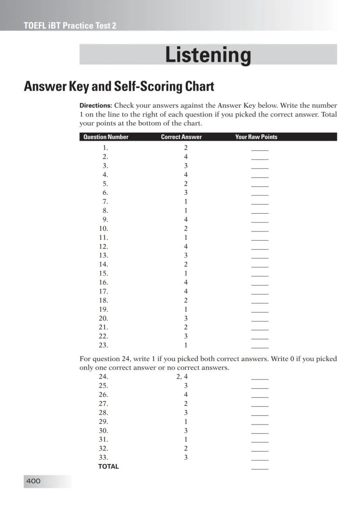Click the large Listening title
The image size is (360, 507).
pos(208,55)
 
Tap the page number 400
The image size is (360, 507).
pos(33,481)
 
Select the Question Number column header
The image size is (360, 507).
pos(106,137)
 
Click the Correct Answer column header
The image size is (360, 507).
pos(181,137)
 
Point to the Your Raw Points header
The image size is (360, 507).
pos(256,137)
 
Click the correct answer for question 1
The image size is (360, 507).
pos(186,148)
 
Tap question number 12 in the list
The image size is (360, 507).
pos(103,246)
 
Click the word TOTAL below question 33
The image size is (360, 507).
pos(108,466)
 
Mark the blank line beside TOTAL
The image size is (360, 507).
pos(260,468)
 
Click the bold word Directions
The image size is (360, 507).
pos(96,105)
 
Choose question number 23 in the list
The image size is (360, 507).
pos(103,345)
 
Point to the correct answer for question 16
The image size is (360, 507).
pos(186,282)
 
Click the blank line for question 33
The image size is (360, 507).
pos(260,459)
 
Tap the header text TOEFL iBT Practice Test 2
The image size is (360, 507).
pos(70,26)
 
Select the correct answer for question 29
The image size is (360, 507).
pos(186,421)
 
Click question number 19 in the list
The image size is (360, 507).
pos(103,309)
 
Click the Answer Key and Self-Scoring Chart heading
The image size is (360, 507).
pos(119,86)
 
